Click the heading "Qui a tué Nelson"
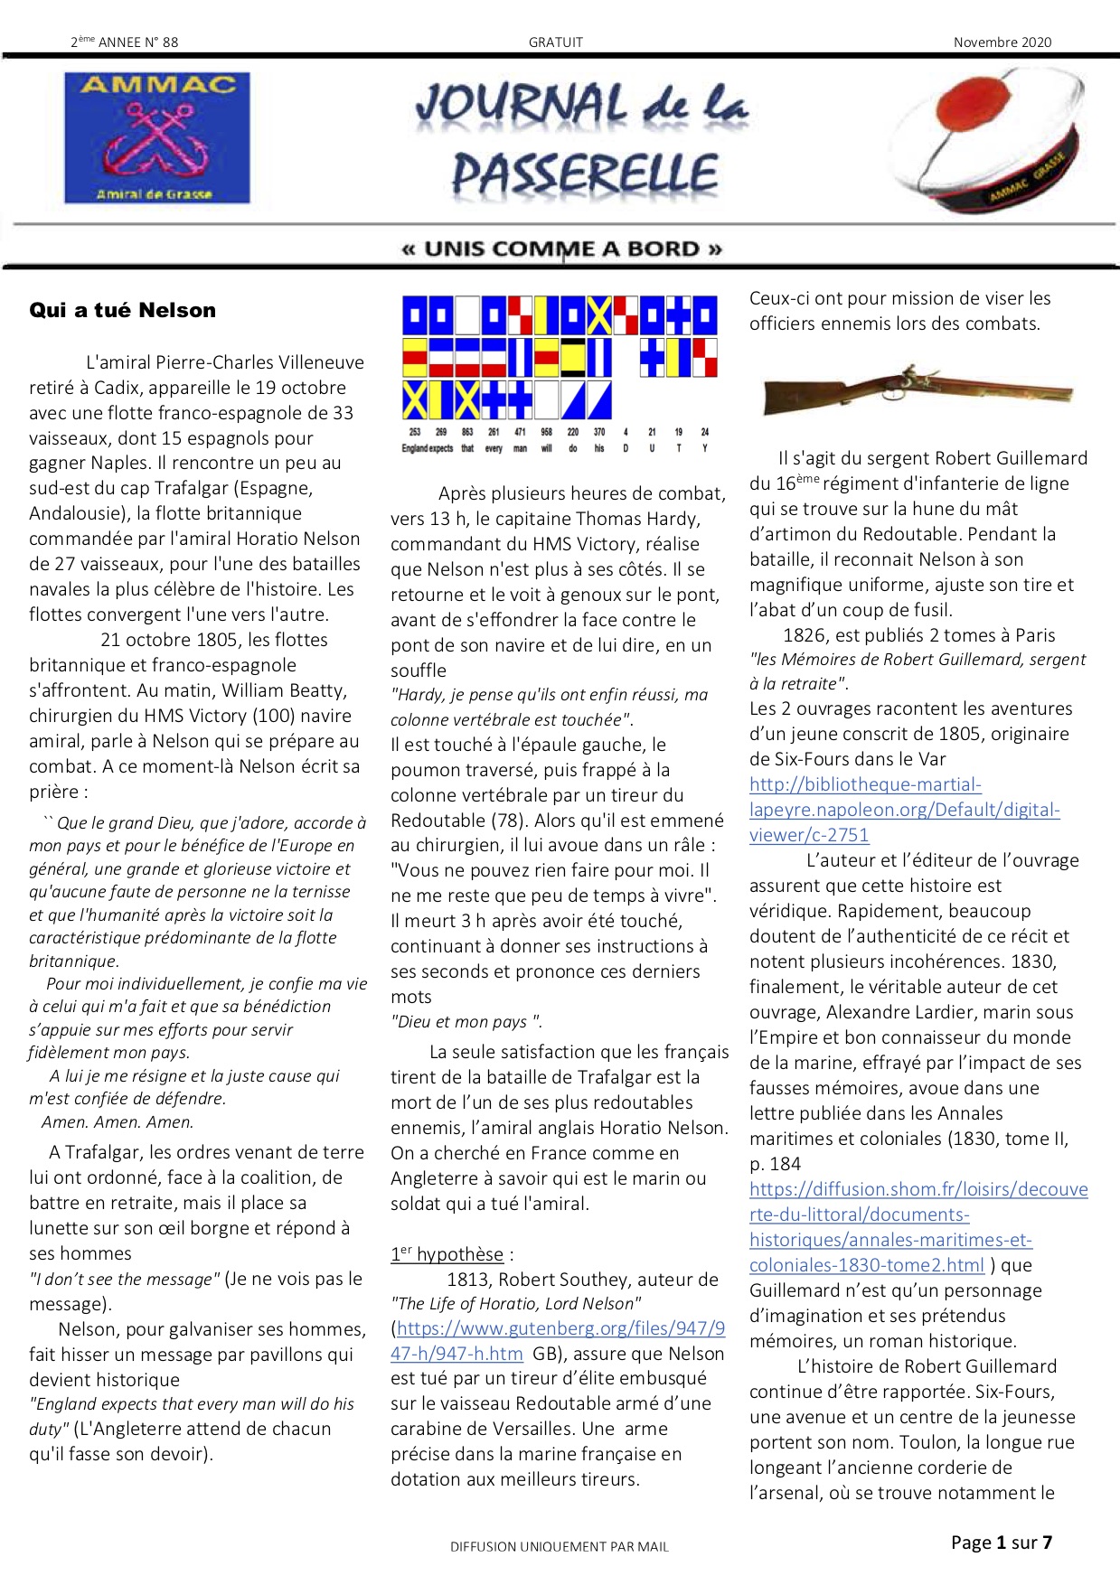click(123, 311)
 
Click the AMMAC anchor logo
click(157, 138)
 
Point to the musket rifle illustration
click(917, 390)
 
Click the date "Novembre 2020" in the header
click(1002, 42)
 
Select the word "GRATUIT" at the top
click(556, 42)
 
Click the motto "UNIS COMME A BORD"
click(561, 249)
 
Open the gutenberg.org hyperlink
click(558, 1341)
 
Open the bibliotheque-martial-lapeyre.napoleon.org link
click(904, 810)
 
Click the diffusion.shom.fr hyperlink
click(918, 1227)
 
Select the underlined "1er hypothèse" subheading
click(447, 1254)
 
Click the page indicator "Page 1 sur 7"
click(1002, 1543)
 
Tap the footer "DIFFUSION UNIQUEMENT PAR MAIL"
click(560, 1547)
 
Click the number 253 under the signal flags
click(415, 432)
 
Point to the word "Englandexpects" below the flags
click(428, 448)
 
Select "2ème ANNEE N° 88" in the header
click(125, 42)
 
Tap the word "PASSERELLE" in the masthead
click(585, 174)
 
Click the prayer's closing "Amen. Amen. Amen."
click(118, 1122)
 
